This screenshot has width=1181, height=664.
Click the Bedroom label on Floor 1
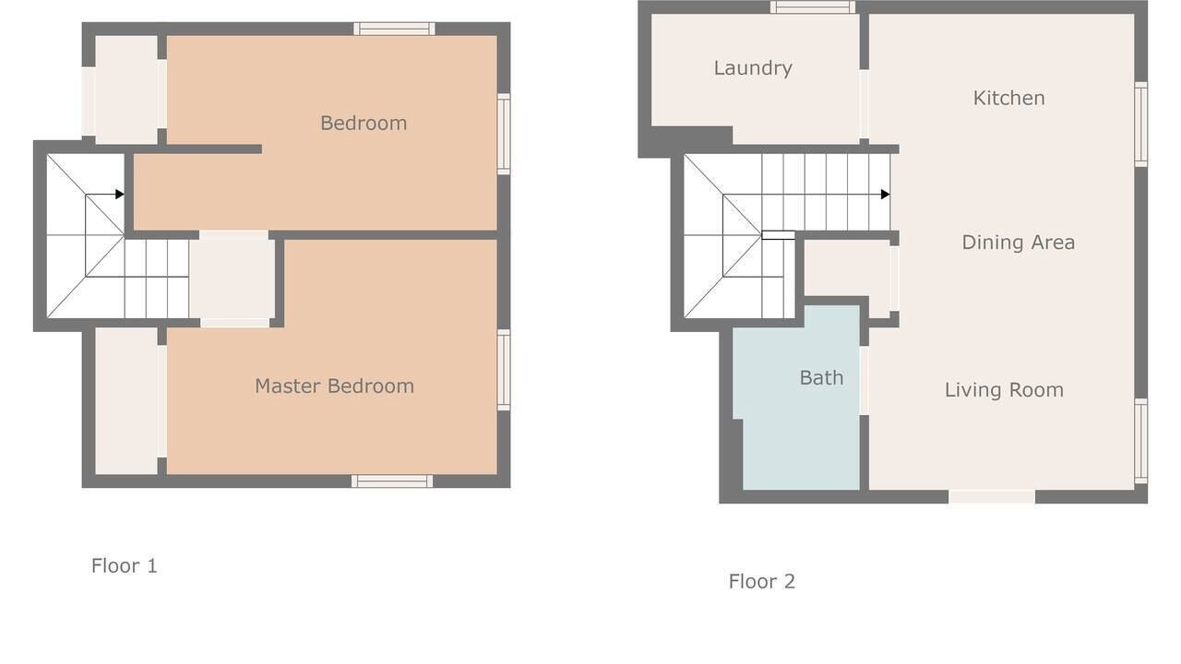pos(364,124)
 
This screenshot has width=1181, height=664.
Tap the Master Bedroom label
pos(334,386)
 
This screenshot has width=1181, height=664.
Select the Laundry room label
pos(753,68)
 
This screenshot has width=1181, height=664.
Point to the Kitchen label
pos(1008,98)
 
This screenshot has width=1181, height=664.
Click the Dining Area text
pos(1018,243)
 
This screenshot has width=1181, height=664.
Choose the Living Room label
pos(1004,390)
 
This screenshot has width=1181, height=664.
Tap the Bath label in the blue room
pos(821,378)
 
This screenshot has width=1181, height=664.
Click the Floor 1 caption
pos(125,566)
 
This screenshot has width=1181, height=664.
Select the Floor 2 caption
pos(762,582)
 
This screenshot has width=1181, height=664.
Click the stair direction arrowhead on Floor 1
pos(120,195)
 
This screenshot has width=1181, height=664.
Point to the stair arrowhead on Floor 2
pos(885,195)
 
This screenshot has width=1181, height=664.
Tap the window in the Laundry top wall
pos(813,6)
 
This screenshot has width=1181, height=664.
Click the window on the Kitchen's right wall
pos(1141,125)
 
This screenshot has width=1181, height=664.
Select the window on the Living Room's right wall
pos(1141,441)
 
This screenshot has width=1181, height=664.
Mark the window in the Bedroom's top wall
pos(394,29)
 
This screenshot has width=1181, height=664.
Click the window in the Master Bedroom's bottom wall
pos(392,481)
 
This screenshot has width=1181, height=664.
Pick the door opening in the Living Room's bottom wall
pos(992,497)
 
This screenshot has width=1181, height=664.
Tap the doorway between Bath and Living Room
pos(865,381)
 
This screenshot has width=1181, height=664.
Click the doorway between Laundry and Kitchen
pos(865,104)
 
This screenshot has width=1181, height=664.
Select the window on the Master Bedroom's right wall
pos(504,370)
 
